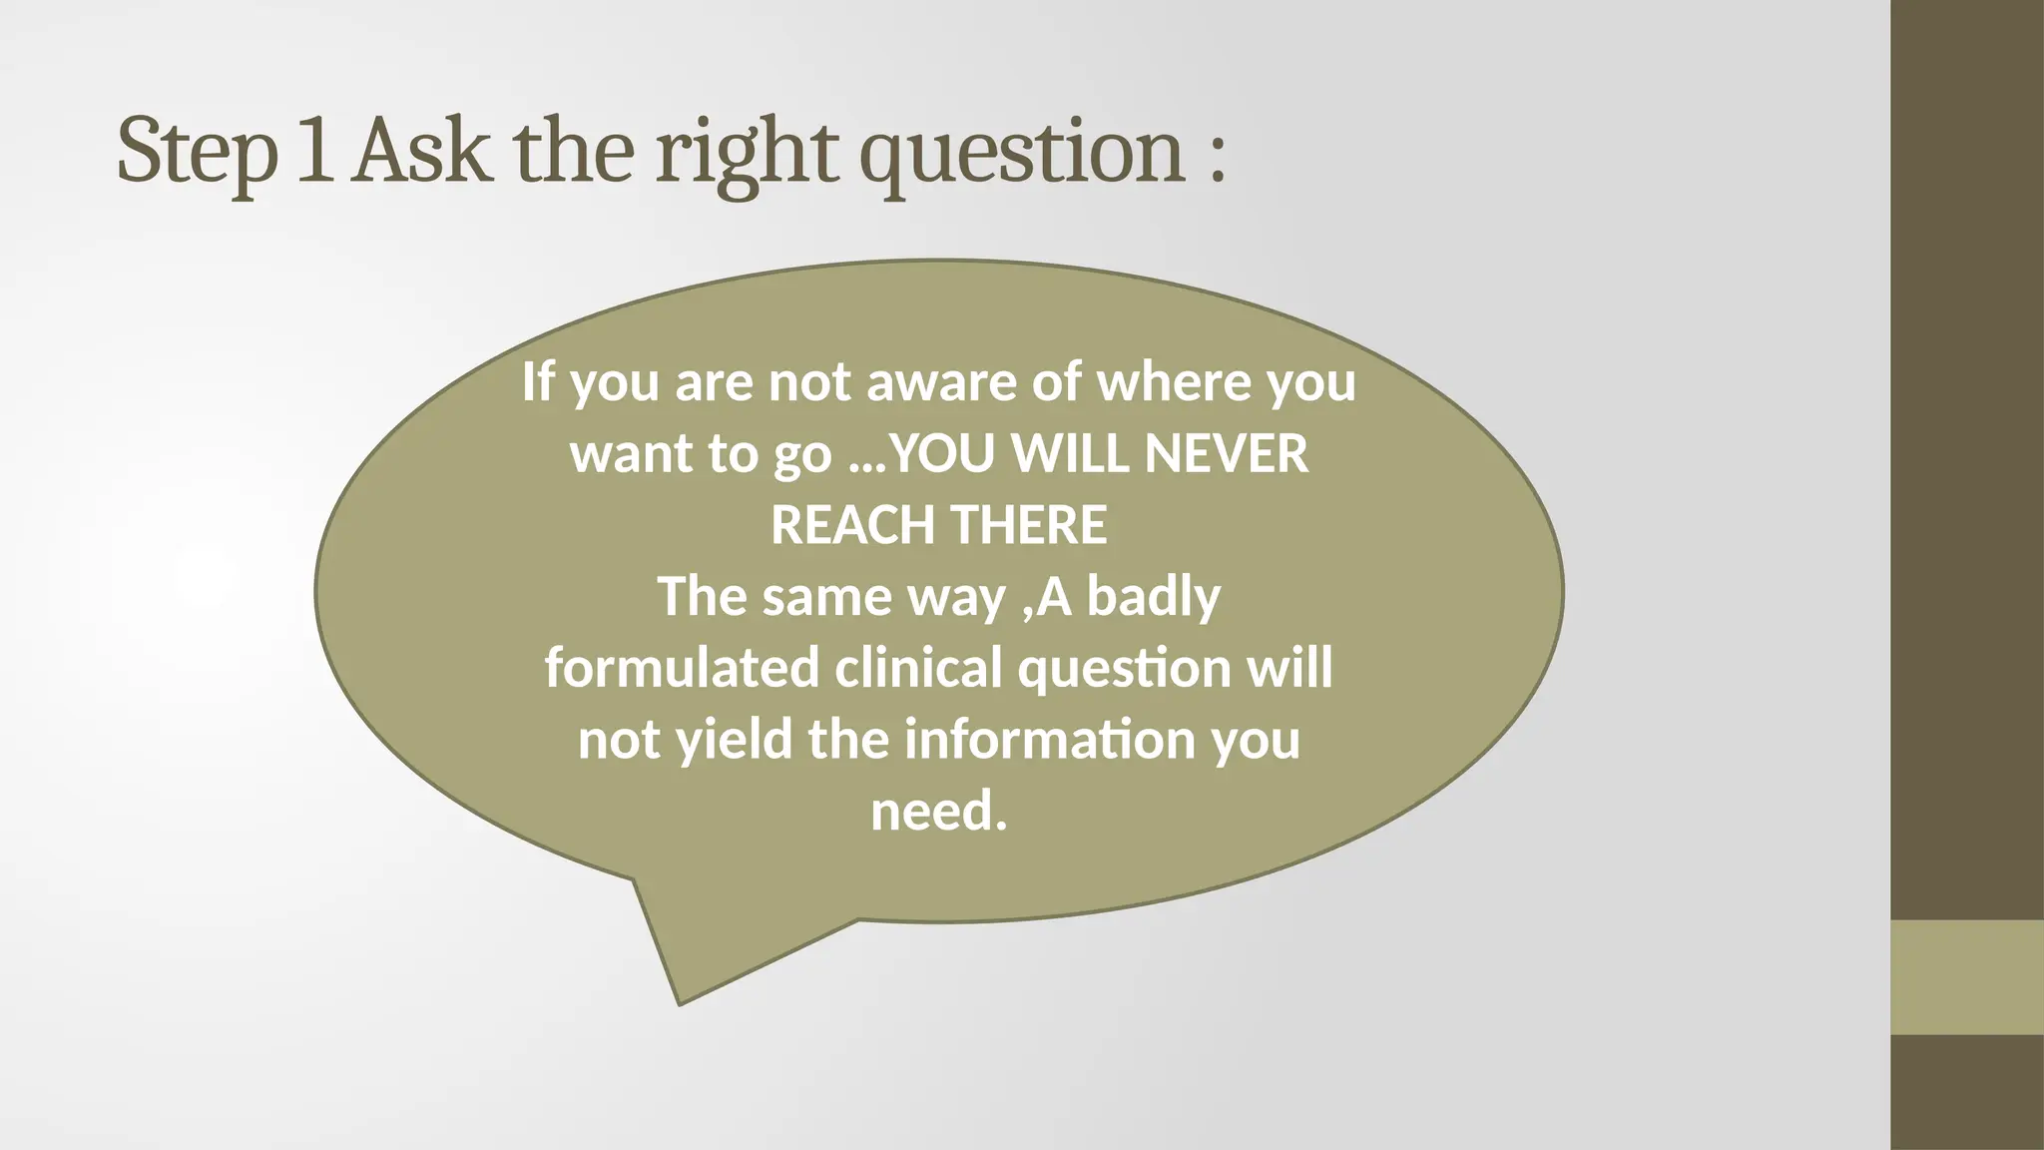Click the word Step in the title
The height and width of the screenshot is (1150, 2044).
(197, 152)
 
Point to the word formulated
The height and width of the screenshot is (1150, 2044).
(682, 668)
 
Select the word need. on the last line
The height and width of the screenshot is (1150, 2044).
(938, 811)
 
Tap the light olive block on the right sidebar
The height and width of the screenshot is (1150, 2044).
(1966, 977)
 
